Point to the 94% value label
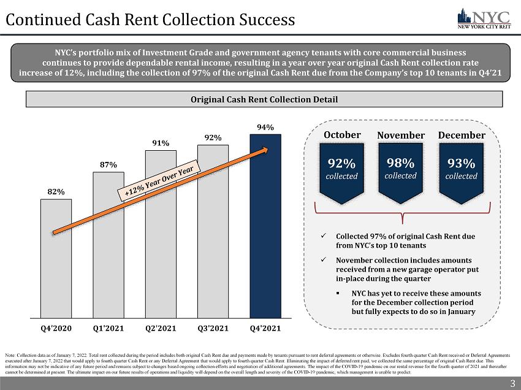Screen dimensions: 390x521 click(265, 127)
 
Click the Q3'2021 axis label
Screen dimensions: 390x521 click(213, 328)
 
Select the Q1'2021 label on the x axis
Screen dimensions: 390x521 click(108, 328)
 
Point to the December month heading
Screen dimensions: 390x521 click(462, 135)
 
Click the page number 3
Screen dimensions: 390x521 click(512, 384)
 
